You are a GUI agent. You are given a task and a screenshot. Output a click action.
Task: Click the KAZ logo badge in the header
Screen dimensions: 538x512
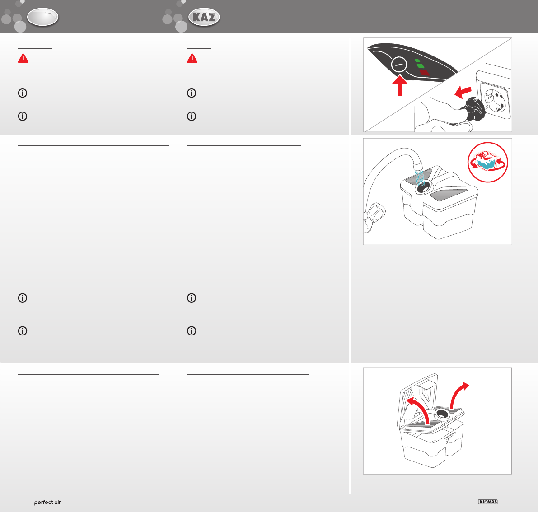coord(204,17)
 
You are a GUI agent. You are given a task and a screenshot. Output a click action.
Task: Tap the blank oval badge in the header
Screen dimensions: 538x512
coord(43,17)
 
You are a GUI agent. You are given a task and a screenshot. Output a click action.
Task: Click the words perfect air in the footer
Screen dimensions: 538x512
coord(48,502)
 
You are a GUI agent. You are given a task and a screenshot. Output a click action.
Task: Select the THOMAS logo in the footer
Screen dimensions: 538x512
coord(487,502)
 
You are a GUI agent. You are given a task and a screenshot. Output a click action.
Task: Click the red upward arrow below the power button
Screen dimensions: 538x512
coord(400,86)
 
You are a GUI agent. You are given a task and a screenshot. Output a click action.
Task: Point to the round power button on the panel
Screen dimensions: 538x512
coord(399,64)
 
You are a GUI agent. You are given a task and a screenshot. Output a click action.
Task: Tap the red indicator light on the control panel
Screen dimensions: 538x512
coord(424,72)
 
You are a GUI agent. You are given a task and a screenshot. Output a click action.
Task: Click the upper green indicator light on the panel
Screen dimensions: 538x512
coord(418,61)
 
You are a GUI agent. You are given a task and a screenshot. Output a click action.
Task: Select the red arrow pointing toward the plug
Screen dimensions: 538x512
coord(463,92)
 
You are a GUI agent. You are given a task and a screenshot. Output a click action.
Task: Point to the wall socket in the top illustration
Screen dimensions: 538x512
coord(496,101)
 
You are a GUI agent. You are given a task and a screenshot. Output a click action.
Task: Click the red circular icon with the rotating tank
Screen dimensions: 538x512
coord(487,162)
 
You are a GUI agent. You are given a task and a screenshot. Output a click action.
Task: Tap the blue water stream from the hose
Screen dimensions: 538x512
coord(419,177)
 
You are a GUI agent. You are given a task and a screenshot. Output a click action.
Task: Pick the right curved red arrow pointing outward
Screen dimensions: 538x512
coord(458,394)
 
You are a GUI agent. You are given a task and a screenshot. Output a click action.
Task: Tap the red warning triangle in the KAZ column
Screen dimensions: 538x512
coord(192,59)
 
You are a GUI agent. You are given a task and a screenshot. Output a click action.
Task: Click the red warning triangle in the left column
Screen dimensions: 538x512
coord(23,59)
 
